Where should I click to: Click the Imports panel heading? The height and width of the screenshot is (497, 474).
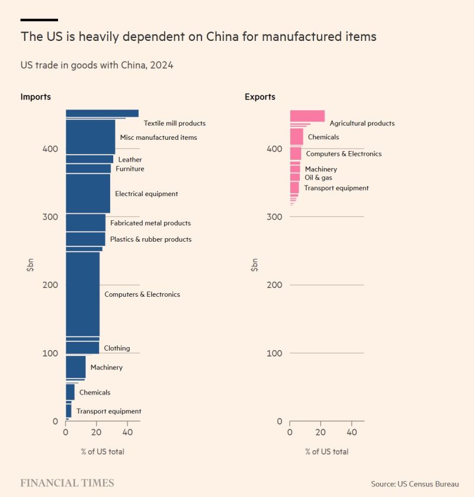click(36, 97)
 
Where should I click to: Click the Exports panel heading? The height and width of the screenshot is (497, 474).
click(260, 97)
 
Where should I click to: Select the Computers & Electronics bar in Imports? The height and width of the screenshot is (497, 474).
click(82, 294)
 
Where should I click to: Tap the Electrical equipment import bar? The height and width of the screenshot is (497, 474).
click(88, 193)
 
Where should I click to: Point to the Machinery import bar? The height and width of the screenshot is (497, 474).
click(75, 367)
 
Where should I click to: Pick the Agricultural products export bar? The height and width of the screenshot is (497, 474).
click(307, 116)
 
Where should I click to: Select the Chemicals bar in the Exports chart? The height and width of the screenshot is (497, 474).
click(296, 137)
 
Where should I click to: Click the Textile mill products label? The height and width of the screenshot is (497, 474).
click(174, 123)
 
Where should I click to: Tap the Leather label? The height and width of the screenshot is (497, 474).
click(130, 159)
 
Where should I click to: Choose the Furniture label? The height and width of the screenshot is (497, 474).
click(130, 169)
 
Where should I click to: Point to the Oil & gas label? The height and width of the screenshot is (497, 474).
click(318, 177)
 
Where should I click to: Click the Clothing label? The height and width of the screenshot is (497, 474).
click(117, 348)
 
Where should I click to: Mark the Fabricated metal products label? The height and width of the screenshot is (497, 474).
click(150, 223)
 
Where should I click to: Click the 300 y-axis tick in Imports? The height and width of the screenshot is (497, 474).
click(50, 217)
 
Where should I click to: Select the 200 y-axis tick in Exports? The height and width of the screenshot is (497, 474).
click(274, 285)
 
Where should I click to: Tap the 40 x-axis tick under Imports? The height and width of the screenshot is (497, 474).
click(127, 433)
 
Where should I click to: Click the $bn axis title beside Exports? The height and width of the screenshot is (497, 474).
click(254, 265)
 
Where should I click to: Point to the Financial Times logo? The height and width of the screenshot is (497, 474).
click(67, 483)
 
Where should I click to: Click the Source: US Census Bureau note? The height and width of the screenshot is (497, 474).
click(415, 484)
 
